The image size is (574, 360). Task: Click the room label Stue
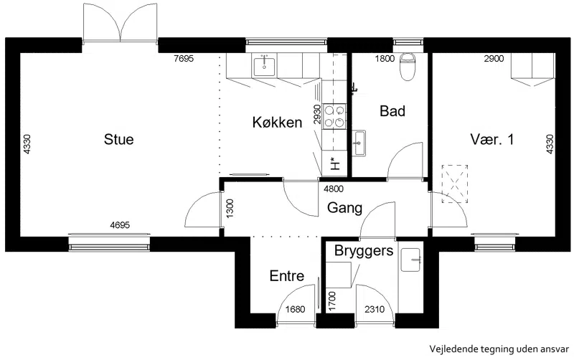point(118,139)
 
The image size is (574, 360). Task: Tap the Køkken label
point(277,122)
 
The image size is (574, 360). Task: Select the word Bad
point(392,111)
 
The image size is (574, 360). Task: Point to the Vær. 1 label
point(491,139)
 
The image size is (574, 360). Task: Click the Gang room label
point(344,208)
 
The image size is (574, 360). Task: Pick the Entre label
point(286,276)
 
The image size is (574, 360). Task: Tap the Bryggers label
point(364,251)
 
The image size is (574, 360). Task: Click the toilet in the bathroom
point(407,67)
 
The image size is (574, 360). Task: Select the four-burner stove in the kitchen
point(334,116)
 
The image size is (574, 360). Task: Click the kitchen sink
point(264,65)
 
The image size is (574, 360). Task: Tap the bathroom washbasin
point(359,143)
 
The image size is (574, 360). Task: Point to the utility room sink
point(410,260)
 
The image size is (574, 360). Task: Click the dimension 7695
point(184,59)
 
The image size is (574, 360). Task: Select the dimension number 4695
point(120,225)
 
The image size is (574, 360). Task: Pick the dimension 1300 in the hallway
point(230,209)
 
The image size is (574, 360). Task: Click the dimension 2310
point(375,310)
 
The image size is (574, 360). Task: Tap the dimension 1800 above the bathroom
point(385,59)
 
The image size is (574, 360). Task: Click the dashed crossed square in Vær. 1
point(455,184)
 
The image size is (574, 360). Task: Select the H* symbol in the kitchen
point(334,164)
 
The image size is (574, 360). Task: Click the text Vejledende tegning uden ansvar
point(499,349)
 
